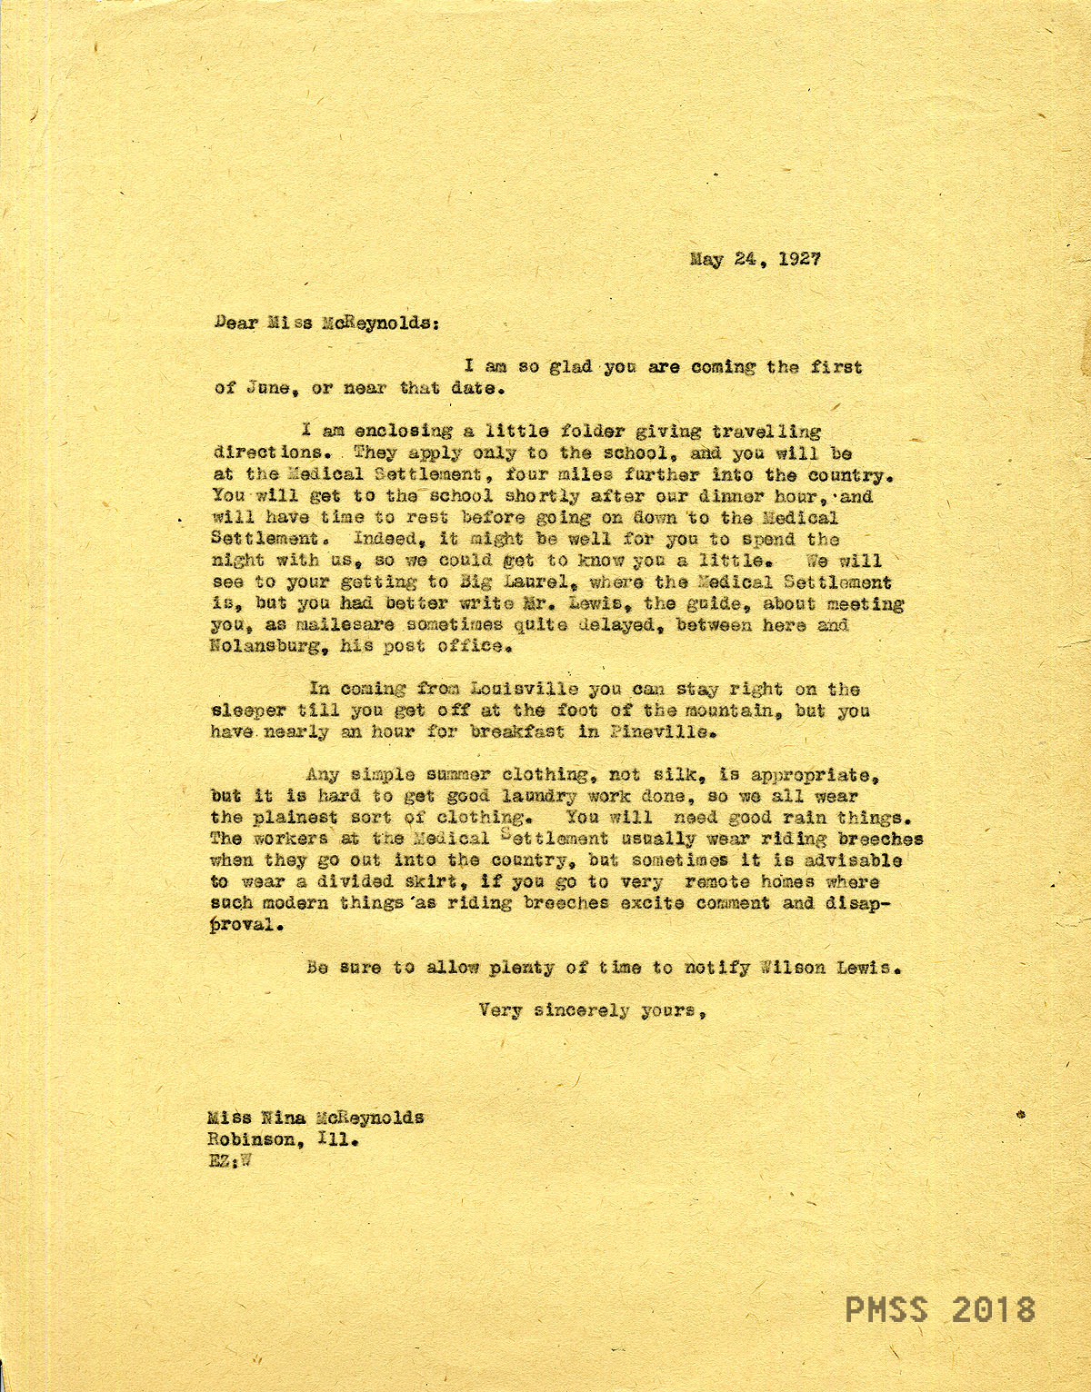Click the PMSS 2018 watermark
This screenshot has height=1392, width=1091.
(x=940, y=1310)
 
